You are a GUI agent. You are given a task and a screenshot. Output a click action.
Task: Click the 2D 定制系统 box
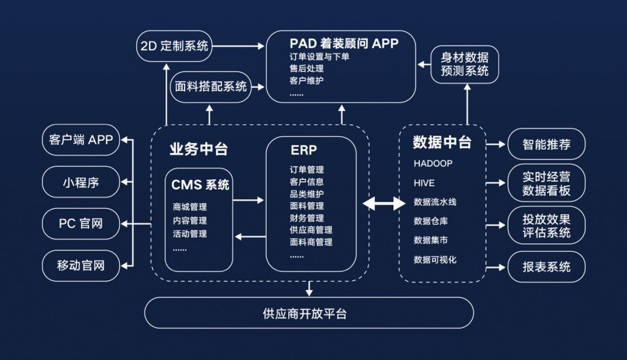click(174, 46)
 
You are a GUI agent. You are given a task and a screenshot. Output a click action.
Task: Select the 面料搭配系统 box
click(211, 87)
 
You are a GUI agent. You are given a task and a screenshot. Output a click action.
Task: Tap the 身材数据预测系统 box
click(465, 64)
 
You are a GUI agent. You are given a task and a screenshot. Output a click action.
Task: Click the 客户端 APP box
click(81, 140)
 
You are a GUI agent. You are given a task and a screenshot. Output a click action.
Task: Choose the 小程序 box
click(81, 182)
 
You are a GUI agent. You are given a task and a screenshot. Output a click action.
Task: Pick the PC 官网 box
click(81, 224)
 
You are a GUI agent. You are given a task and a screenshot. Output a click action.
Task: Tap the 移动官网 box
click(81, 265)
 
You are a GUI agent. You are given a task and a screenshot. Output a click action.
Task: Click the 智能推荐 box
click(546, 144)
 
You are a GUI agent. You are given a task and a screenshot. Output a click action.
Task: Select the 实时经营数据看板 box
click(546, 183)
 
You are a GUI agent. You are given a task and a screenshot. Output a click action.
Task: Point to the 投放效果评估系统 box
click(546, 225)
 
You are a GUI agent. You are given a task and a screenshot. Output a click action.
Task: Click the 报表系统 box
click(546, 267)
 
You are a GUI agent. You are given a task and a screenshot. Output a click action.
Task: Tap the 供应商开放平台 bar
click(309, 313)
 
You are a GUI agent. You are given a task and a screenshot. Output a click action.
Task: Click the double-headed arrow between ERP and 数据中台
click(384, 203)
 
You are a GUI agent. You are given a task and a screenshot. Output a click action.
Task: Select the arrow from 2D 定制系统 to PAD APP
click(238, 46)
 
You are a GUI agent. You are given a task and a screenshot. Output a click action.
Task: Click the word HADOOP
click(433, 164)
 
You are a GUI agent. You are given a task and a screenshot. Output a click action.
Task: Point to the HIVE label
click(424, 183)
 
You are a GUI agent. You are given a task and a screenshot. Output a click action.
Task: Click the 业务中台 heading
click(199, 149)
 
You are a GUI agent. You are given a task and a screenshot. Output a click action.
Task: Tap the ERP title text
click(304, 150)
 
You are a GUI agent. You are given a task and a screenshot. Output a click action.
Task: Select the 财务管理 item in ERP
click(307, 218)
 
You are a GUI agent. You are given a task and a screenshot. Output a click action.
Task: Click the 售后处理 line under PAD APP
click(307, 68)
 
